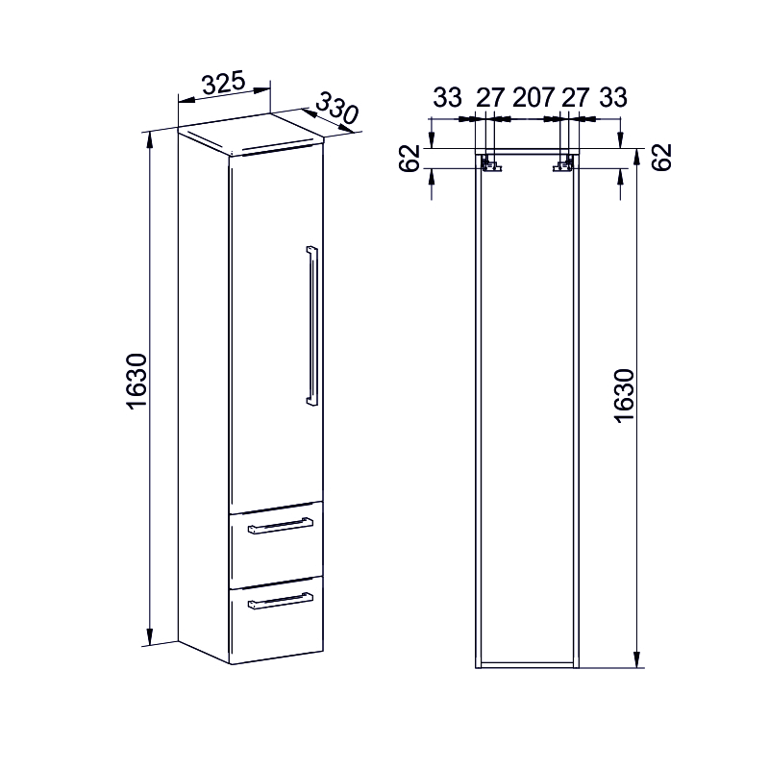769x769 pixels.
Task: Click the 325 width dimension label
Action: point(223,84)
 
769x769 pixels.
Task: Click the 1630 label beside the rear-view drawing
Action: point(623,394)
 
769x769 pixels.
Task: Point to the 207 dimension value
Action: point(533,97)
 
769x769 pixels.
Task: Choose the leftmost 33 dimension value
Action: point(447,97)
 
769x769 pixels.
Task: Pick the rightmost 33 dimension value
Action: point(612,97)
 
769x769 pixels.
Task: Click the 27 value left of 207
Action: point(490,97)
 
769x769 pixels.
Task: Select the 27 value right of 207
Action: point(575,97)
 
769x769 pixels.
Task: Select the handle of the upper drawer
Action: point(280,525)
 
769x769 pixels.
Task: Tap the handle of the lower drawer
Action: point(280,601)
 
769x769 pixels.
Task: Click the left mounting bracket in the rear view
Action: point(491,165)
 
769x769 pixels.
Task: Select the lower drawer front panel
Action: point(276,623)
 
